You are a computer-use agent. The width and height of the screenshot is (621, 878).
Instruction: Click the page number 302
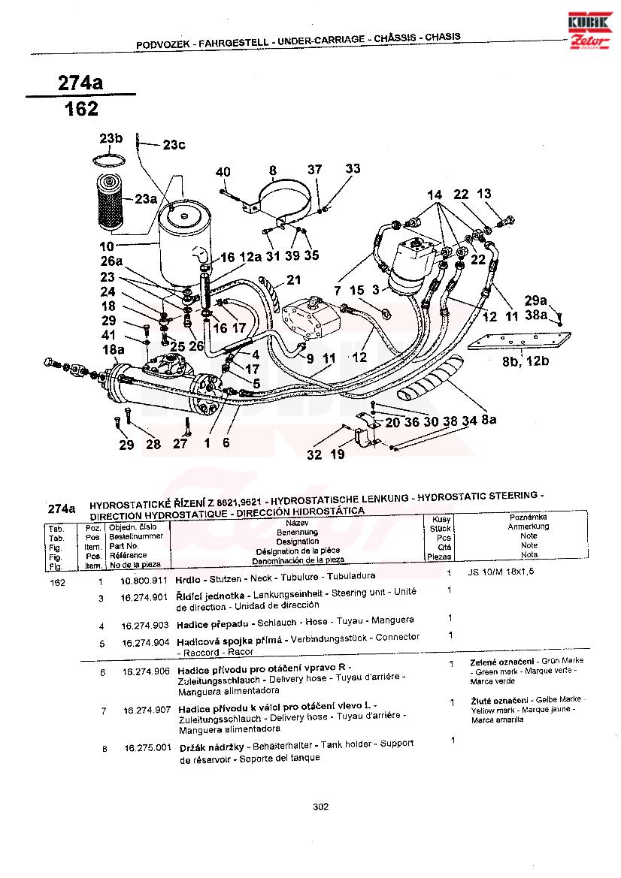(321, 807)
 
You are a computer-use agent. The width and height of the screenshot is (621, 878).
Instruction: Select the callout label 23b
(111, 138)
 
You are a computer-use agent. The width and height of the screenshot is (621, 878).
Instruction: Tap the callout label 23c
(174, 145)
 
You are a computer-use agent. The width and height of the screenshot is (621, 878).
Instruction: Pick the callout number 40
(223, 172)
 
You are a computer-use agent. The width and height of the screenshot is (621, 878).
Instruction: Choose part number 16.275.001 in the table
(148, 748)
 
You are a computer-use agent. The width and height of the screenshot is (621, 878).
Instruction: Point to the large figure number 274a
(80, 82)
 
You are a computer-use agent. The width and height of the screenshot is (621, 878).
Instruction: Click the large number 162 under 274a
(81, 110)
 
